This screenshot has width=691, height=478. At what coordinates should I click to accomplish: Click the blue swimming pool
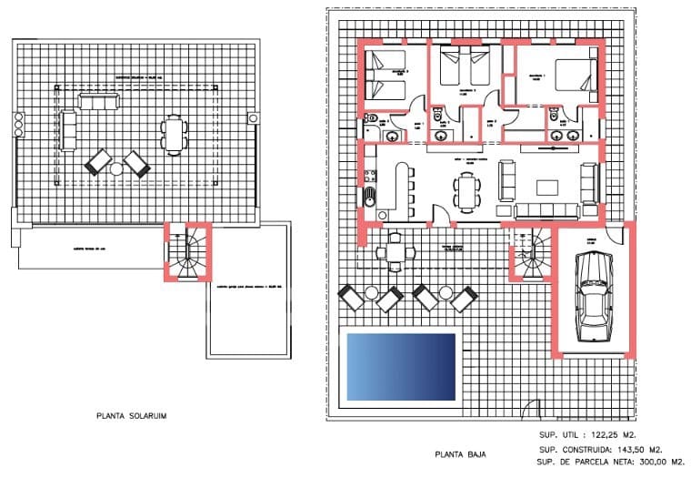click(401, 366)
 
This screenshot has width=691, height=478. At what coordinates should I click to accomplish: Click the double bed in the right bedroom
click(573, 79)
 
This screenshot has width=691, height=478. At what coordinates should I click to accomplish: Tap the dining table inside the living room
click(468, 192)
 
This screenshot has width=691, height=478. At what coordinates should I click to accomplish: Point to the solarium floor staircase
click(188, 252)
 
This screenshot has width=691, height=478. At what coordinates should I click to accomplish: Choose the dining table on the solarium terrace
click(174, 136)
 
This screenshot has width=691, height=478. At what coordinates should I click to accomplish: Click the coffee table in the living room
click(547, 187)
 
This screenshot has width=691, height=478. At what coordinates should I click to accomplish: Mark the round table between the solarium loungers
click(117, 168)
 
